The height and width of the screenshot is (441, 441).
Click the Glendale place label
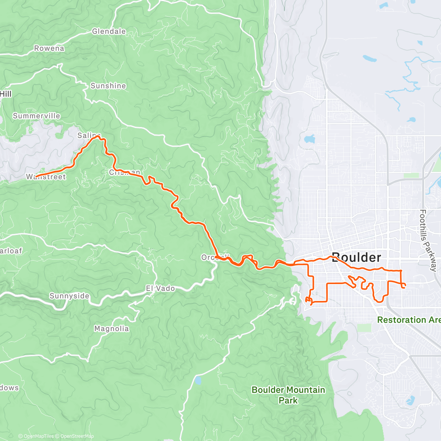[x=109, y=32]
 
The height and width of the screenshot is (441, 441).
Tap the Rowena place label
[x=49, y=49]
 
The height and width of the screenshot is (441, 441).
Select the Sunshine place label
[x=108, y=86]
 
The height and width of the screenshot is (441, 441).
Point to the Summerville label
[x=36, y=116]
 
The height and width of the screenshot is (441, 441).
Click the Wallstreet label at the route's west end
[x=46, y=177]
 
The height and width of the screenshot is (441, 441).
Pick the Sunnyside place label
[x=69, y=296]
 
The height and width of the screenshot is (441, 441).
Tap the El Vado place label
[x=160, y=288]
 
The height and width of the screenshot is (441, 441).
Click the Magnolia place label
[x=111, y=329]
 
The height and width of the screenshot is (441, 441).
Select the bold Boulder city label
[x=356, y=257]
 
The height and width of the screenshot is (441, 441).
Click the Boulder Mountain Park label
[x=288, y=395]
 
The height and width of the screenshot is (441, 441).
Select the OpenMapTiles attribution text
[x=38, y=436]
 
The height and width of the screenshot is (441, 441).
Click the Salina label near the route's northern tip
[x=89, y=136]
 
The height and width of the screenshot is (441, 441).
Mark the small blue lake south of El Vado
[x=198, y=380]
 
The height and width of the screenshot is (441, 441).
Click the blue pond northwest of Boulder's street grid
[x=309, y=139]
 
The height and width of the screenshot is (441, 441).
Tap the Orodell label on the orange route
[x=215, y=257]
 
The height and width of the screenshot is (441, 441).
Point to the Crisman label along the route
[x=125, y=172]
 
